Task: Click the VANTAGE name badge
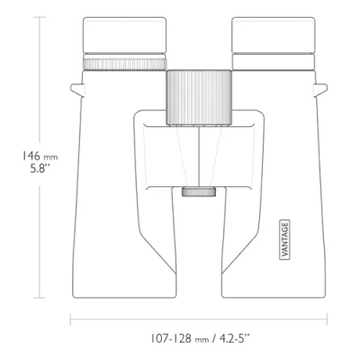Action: (x=284, y=239)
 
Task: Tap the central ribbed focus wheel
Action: (x=199, y=97)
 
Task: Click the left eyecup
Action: (x=124, y=35)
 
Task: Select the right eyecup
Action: (x=274, y=35)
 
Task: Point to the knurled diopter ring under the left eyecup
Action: (x=124, y=64)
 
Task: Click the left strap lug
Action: (x=77, y=90)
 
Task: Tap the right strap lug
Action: (x=320, y=90)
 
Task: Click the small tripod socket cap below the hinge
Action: (x=199, y=192)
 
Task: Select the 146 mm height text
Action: (x=40, y=157)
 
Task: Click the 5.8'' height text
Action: (x=40, y=168)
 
